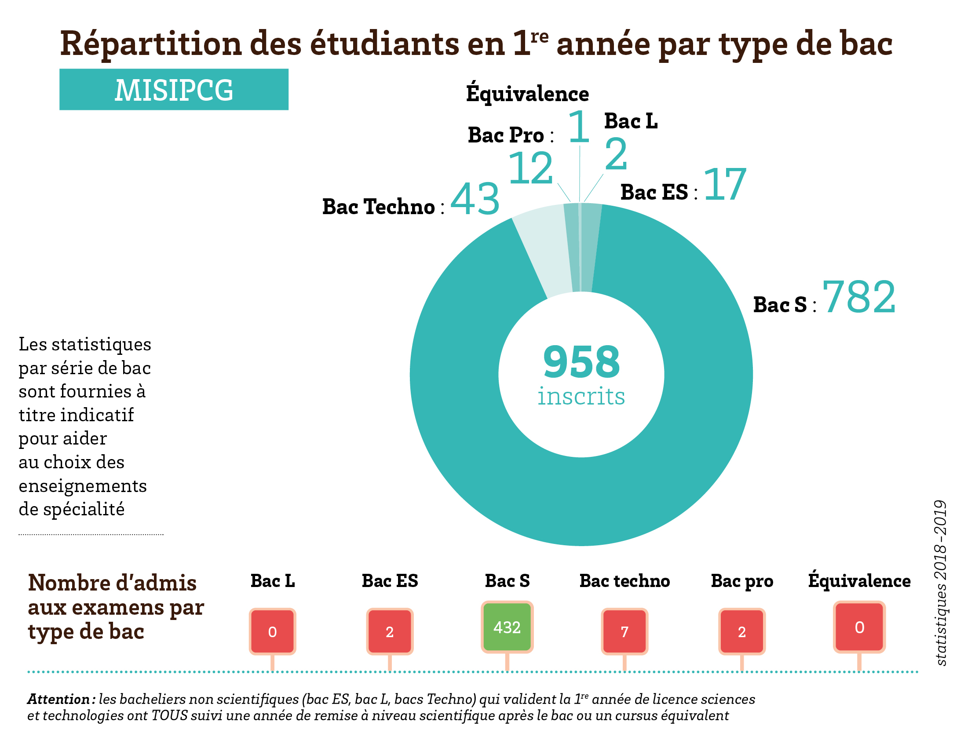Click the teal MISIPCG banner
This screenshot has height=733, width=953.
click(x=174, y=89)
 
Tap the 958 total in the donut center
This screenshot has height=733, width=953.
click(x=581, y=361)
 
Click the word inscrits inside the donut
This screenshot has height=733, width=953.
click(x=581, y=396)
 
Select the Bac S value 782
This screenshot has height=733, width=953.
click(x=858, y=297)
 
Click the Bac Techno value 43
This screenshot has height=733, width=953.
click(x=475, y=199)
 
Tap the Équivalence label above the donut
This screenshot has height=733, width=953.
click(x=527, y=92)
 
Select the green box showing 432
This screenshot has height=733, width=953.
click(x=507, y=627)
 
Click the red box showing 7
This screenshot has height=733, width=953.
click(x=624, y=631)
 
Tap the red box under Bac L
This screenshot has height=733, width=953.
click(x=272, y=631)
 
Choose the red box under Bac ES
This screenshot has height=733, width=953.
click(x=390, y=631)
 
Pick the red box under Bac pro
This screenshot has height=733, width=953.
click(x=742, y=631)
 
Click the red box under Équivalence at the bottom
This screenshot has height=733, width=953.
click(x=859, y=627)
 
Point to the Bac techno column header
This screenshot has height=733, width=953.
click(x=624, y=581)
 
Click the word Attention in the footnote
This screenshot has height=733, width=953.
click(x=59, y=699)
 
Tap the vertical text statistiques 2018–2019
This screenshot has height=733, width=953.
click(x=941, y=583)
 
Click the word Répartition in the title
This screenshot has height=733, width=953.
click(x=151, y=44)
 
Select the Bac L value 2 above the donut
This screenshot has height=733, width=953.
click(x=616, y=154)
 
